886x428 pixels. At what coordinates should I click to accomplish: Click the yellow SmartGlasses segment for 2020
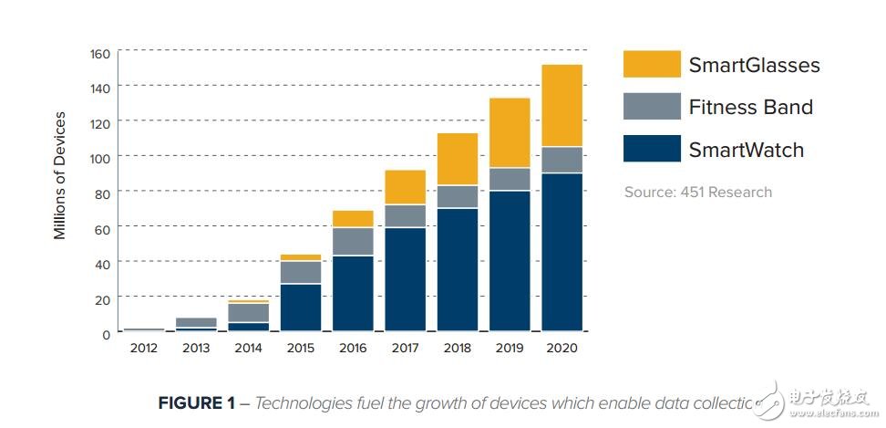(561, 105)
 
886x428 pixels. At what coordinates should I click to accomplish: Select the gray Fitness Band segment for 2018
(457, 197)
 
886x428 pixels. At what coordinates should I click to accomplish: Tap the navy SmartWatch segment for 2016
(353, 293)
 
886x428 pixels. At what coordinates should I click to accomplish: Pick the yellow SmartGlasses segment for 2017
(405, 187)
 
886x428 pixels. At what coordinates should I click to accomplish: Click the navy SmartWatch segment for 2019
(510, 260)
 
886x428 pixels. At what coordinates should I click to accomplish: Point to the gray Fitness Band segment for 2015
(300, 273)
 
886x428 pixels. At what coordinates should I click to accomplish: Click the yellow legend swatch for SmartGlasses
(652, 65)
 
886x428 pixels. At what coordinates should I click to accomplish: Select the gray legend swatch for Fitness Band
(652, 107)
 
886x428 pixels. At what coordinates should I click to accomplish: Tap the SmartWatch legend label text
(747, 150)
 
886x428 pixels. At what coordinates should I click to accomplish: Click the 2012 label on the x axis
(143, 348)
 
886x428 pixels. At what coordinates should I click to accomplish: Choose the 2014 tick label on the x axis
(248, 348)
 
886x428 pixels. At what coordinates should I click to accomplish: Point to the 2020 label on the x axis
(561, 348)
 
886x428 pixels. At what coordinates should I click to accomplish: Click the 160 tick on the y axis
(98, 54)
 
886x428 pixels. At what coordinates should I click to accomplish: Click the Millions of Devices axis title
(61, 175)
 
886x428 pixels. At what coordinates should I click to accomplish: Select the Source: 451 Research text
(697, 192)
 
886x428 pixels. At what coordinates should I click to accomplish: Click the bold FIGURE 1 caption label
(197, 402)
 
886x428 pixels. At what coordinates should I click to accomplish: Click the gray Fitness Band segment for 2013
(195, 322)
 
